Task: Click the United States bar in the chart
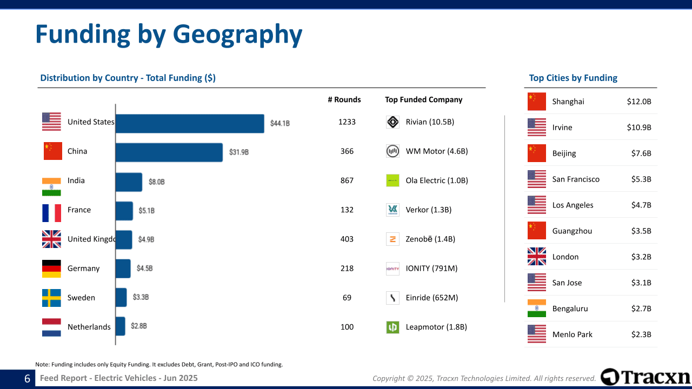pos(189,123)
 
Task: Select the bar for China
pos(169,152)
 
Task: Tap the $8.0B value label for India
pos(156,182)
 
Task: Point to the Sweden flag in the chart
pos(52,298)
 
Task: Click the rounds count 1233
pos(347,122)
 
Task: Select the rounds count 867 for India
pos(347,180)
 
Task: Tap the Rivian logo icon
pos(393,122)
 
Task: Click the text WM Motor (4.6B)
pos(437,151)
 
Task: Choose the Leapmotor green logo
pos(393,327)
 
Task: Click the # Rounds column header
pos(344,99)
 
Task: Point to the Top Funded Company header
pos(424,99)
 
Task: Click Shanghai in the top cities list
pos(568,102)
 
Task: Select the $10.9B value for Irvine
pos(639,128)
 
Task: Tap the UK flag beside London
pos(537,257)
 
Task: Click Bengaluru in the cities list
pos(570,308)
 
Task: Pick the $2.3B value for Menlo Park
pos(641,334)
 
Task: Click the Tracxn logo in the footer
pos(646,377)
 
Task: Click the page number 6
pos(27,379)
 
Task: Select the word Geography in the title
pos(237,35)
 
